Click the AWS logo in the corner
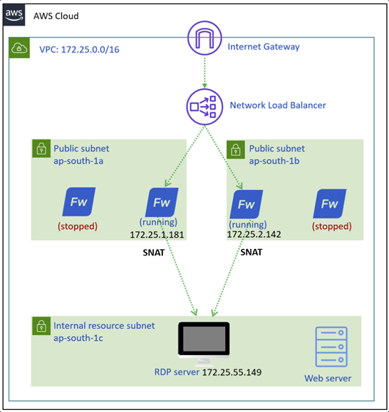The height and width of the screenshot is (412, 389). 14,15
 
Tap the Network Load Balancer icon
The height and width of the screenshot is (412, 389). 204,106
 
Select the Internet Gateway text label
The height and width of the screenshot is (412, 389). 263,47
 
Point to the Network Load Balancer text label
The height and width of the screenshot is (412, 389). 277,105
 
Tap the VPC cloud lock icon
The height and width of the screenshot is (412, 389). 19,49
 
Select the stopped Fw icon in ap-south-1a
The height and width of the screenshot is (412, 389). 78,201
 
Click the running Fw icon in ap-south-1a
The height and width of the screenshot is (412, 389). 161,201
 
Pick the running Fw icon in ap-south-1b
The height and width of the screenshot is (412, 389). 246,204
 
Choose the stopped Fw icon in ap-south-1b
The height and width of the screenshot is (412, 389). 329,204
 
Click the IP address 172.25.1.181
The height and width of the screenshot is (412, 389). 158,233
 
